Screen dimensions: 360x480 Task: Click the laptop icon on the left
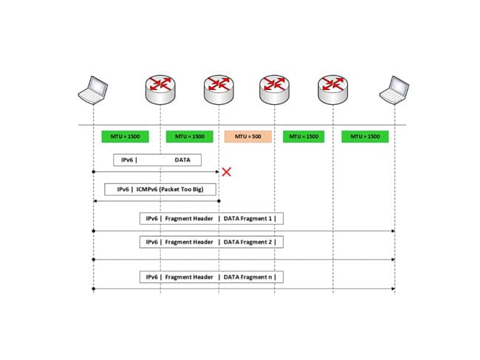93,89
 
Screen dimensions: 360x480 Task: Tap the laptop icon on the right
394,90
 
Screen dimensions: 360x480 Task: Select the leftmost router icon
160,89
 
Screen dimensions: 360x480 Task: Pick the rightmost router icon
332,89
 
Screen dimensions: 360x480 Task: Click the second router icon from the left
218,89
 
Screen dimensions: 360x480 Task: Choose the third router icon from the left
275,89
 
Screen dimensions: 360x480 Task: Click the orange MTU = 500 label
248,136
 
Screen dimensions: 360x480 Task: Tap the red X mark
227,172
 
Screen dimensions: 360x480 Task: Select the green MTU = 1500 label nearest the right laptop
365,136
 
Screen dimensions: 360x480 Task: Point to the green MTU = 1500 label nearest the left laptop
125,136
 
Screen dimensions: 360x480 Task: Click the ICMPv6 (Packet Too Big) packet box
160,190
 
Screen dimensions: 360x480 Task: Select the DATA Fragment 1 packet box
211,218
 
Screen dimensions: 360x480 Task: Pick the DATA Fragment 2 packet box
211,242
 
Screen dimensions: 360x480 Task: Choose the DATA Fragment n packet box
211,277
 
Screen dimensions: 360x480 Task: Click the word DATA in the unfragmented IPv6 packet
182,159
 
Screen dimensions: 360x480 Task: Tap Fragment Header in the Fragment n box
189,277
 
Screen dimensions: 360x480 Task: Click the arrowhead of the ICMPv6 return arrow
95,201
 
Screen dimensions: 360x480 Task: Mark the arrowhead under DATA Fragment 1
393,231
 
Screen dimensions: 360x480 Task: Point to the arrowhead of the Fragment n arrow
393,288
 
